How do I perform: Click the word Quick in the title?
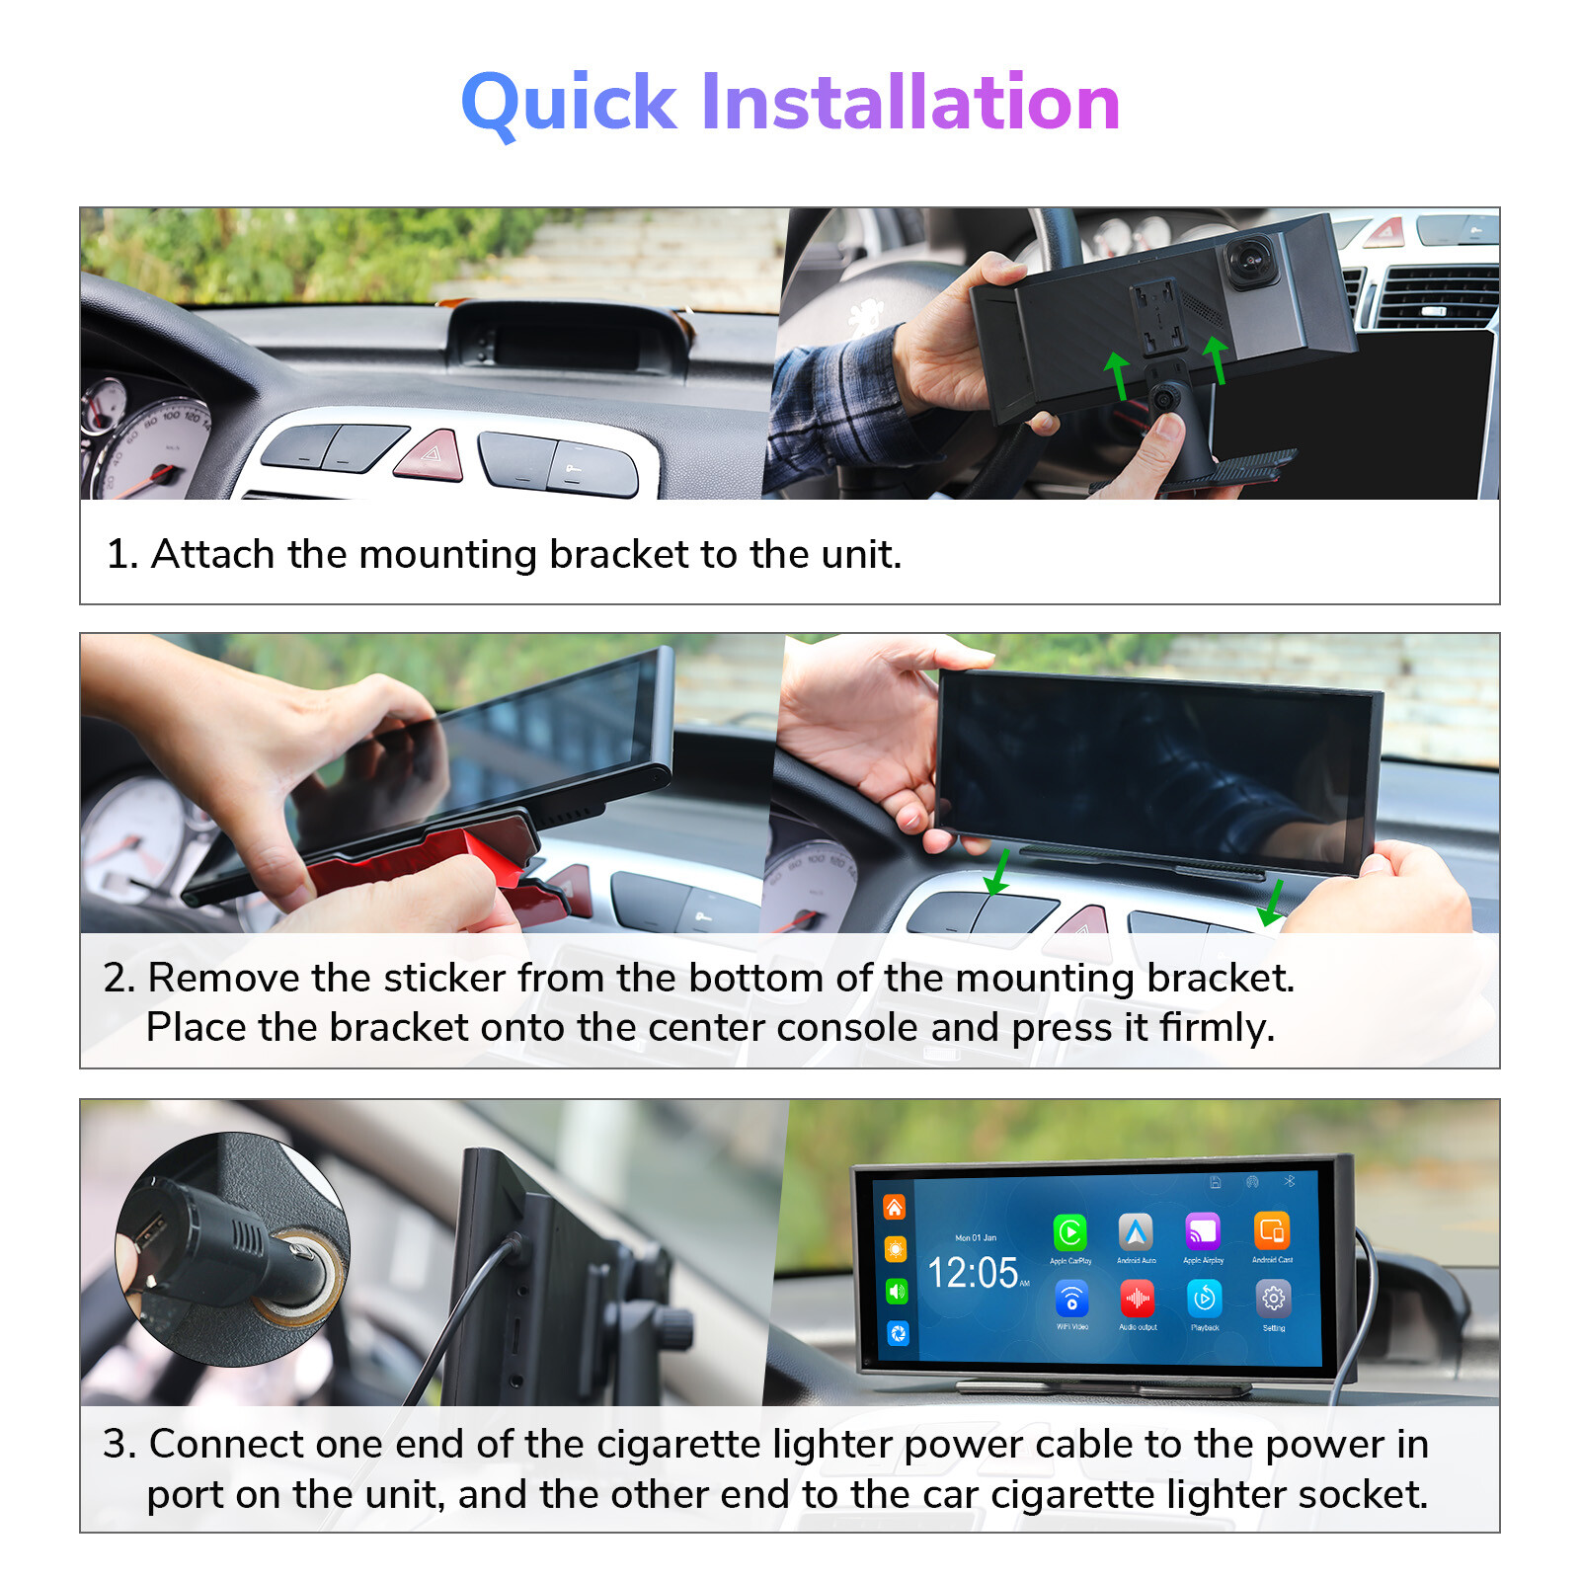pos(569,103)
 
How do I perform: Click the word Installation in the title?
pos(909,102)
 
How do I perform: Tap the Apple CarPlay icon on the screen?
pos(1069,1232)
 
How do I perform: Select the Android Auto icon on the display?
pos(1136,1231)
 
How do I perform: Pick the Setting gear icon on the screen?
pos(1273,1299)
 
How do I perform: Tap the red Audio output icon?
pos(1137,1298)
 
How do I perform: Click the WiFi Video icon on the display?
pos(1071,1299)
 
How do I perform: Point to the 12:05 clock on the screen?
pos(973,1273)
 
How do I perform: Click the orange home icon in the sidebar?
pos(894,1207)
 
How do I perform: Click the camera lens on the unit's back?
pos(1251,261)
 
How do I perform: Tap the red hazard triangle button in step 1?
pos(431,456)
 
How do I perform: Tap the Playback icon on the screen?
pos(1204,1298)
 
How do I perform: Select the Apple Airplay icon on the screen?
pos(1203,1231)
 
